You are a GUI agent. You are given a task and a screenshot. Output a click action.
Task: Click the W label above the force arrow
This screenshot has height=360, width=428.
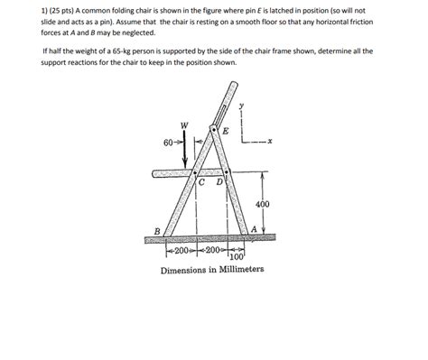(x=184, y=125)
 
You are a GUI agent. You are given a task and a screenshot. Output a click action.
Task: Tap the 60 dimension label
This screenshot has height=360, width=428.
(x=168, y=143)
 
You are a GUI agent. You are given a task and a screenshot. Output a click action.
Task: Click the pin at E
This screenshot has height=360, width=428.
(x=213, y=131)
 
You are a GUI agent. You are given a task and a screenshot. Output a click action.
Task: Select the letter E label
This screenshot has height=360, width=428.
(x=225, y=132)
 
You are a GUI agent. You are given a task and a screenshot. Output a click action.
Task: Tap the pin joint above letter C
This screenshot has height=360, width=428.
(x=198, y=171)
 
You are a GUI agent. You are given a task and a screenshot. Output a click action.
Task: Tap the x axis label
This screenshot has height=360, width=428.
(x=270, y=141)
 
